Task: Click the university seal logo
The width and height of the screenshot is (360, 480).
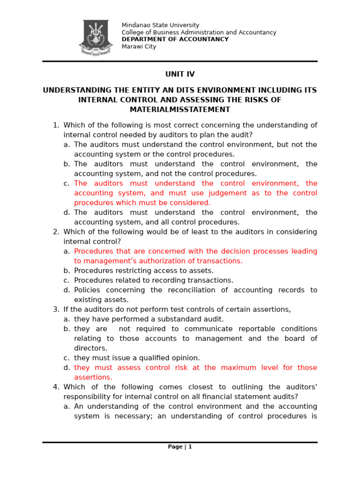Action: click(x=96, y=37)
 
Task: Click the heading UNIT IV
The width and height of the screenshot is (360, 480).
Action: click(x=180, y=74)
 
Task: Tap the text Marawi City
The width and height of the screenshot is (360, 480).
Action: click(x=139, y=46)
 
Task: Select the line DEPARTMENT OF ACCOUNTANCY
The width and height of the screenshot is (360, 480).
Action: click(x=175, y=39)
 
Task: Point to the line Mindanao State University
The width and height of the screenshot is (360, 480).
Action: click(x=160, y=25)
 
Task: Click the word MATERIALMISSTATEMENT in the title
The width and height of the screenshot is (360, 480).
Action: click(x=180, y=110)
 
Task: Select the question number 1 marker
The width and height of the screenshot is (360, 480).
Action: click(x=56, y=125)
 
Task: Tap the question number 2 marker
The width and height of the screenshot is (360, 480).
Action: click(x=56, y=232)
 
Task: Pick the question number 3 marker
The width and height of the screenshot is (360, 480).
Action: click(x=56, y=309)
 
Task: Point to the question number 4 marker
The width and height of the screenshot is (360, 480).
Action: click(x=56, y=387)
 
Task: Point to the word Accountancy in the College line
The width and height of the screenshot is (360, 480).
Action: click(x=257, y=32)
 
